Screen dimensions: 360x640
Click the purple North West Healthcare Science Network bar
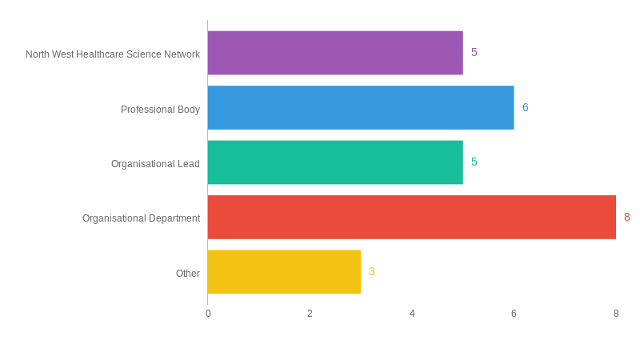coord(335,53)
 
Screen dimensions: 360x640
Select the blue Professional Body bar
coord(361,107)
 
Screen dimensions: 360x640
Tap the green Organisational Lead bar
coord(335,162)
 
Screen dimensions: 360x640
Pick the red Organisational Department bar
coord(411,217)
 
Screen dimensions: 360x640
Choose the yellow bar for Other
coord(284,272)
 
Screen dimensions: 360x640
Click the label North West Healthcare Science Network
coord(113,54)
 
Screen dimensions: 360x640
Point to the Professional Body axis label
coord(160,110)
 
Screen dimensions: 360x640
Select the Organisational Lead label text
coord(155,164)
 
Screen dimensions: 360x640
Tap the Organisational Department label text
coord(141,218)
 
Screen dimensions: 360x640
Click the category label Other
coord(188,274)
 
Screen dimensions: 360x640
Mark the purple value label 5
coord(474,53)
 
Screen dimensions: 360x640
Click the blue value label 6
coord(526,107)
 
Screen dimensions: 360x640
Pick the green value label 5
coord(474,162)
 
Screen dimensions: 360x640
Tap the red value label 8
coord(627,217)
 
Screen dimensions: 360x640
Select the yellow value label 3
coord(372,272)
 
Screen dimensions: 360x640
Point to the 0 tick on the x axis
coord(208,314)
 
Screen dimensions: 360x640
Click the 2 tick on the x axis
coord(310,314)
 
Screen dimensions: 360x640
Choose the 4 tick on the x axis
coord(412,314)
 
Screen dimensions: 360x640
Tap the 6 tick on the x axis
coord(514,314)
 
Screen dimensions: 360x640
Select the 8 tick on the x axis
coord(616,314)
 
